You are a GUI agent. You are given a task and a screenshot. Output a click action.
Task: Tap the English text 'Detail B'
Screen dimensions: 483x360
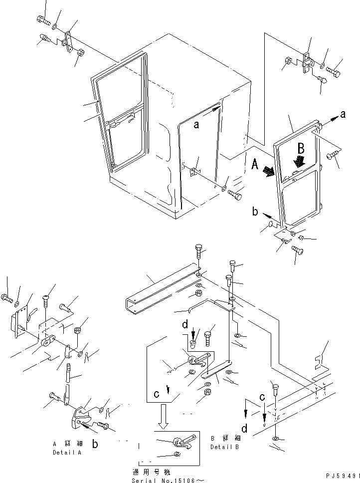[224, 447]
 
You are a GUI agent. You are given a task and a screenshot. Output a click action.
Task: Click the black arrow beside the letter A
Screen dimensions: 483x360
[269, 172]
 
